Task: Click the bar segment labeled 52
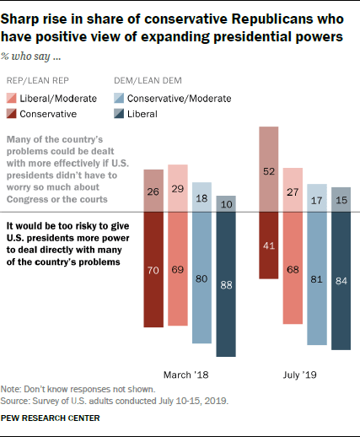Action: coord(269,169)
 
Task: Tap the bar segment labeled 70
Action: coord(153,269)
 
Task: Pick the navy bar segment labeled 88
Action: coord(226,283)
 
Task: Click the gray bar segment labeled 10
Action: coord(226,204)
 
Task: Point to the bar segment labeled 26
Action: coord(153,191)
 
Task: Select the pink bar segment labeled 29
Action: coord(177,188)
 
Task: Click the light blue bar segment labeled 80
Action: coord(201,277)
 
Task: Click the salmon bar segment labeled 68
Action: coord(293,267)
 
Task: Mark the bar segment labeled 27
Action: coord(293,190)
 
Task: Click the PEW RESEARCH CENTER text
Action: coord(51,418)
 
